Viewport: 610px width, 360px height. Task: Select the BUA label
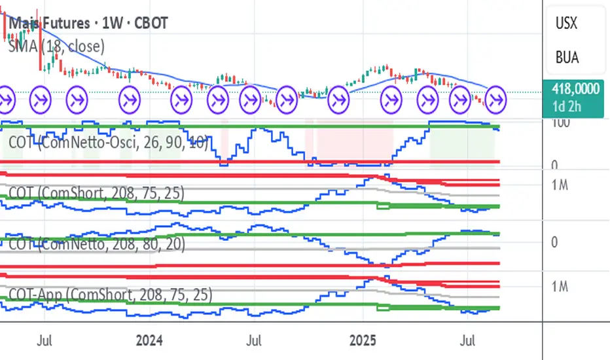[x=566, y=57]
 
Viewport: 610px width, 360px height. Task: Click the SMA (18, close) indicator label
[x=56, y=45]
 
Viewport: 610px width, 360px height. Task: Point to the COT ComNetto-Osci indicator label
[x=108, y=142]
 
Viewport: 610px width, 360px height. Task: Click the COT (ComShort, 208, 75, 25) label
[x=96, y=194]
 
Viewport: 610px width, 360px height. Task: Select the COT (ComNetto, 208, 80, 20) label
[x=96, y=244]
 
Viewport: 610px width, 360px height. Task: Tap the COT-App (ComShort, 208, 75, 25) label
[x=109, y=295]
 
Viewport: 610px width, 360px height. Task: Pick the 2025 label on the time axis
[x=363, y=341]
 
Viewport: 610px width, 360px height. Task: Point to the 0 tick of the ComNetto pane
[x=554, y=242]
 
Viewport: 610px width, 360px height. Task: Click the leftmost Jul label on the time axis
[x=45, y=341]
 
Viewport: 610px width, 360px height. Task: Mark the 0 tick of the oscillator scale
[x=554, y=166]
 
